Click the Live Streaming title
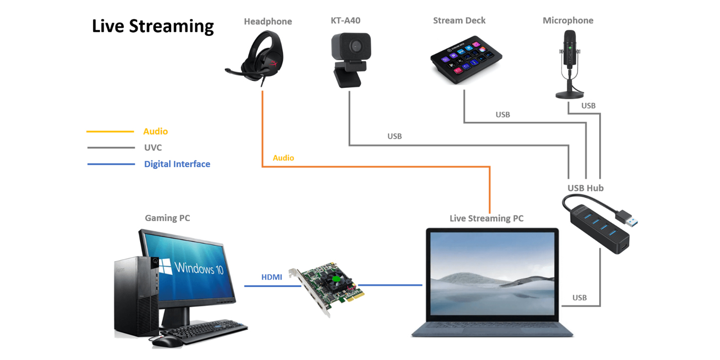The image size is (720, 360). [153, 26]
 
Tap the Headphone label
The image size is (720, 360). [267, 22]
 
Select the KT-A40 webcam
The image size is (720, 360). [350, 58]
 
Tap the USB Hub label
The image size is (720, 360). [585, 188]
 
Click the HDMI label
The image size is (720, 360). [272, 277]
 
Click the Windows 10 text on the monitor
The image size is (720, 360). [199, 268]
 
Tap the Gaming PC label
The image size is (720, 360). [167, 218]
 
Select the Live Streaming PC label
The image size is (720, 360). [486, 219]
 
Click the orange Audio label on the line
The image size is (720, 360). [283, 158]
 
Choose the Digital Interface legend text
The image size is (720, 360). [177, 164]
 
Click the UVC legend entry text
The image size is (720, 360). [153, 148]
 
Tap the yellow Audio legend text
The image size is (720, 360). [155, 132]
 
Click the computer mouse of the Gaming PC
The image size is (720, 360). [167, 341]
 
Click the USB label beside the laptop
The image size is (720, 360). [579, 298]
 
